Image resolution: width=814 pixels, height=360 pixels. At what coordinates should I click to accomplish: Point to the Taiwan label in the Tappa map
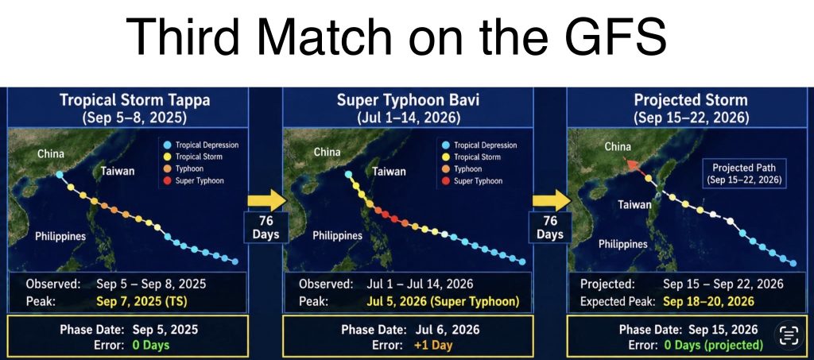coord(118,171)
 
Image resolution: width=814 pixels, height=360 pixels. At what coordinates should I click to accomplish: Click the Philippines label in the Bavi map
coord(337,236)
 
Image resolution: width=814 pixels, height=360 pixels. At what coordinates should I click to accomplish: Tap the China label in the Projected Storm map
coord(618,147)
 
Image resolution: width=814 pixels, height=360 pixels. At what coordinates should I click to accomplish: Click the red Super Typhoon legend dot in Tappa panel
coord(167,180)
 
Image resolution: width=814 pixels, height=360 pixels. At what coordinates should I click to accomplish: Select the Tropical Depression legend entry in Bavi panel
coord(479,145)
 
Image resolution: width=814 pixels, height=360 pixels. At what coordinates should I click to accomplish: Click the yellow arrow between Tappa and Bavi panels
coord(266,200)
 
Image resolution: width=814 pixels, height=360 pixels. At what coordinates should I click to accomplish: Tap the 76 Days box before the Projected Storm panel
coord(550,228)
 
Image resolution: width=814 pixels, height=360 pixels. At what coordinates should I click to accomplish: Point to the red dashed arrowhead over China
coord(630,165)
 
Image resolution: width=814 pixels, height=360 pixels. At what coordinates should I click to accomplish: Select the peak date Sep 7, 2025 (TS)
coord(135,302)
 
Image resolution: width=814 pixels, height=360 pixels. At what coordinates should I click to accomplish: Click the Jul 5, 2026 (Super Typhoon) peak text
coord(443,302)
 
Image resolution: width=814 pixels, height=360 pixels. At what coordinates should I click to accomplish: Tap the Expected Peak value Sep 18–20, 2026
coord(708,302)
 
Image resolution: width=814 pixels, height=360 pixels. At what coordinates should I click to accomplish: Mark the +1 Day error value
coord(433,345)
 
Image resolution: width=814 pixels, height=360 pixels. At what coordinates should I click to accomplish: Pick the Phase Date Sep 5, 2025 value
coord(165,329)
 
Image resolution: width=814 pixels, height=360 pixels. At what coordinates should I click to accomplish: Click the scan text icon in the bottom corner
coord(789,335)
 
